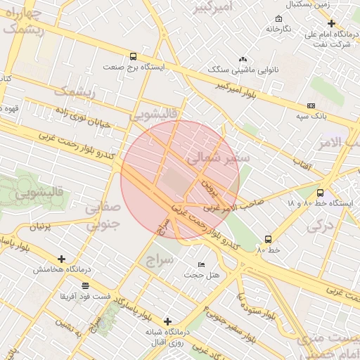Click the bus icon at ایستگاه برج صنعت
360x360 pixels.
pyautogui.click(x=134, y=57)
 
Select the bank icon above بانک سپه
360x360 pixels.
pyautogui.click(x=310, y=104)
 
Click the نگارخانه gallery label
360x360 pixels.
pyautogui.click(x=278, y=29)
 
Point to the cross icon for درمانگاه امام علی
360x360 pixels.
pyautogui.click(x=331, y=23)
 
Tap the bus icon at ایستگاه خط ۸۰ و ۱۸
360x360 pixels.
pyautogui.click(x=321, y=193)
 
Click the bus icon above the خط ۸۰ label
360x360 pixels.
pyautogui.click(x=268, y=240)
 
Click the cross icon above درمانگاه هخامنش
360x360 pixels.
pyautogui.click(x=61, y=259)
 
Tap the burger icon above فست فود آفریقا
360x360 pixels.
pyautogui.click(x=85, y=285)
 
